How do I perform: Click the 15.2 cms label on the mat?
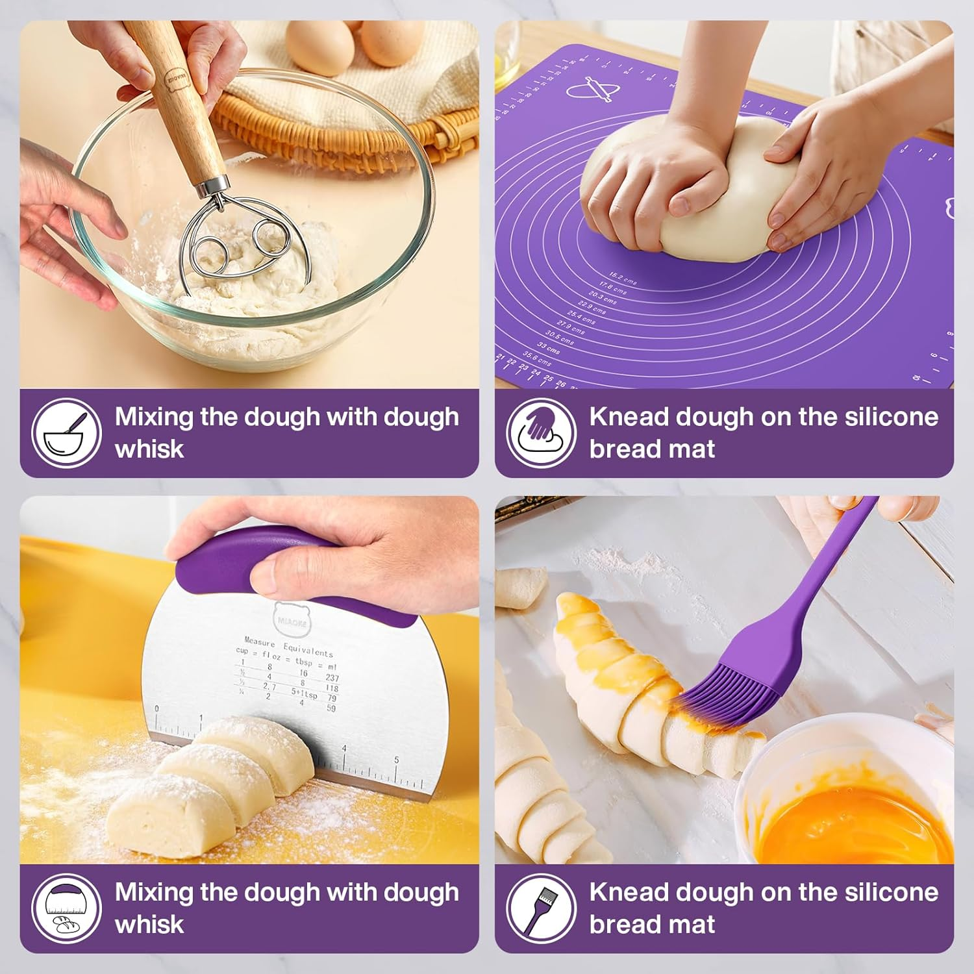(622, 279)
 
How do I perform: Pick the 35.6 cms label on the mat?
(536, 358)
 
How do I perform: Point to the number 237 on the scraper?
(332, 678)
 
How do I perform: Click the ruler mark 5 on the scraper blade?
(397, 760)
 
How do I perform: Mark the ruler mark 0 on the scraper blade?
(156, 709)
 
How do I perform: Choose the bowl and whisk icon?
(67, 433)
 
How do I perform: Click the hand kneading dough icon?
(542, 433)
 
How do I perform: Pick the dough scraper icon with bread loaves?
(67, 908)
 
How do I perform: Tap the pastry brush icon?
(542, 908)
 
